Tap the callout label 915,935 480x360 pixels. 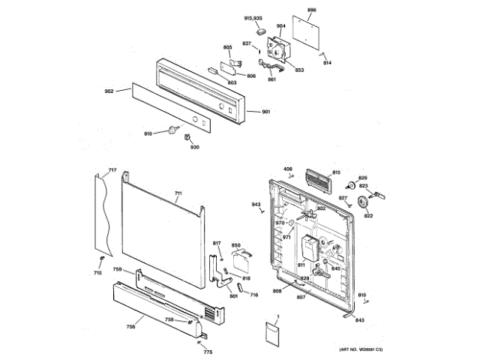click(x=253, y=17)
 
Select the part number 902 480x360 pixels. click(x=109, y=91)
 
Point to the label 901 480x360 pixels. click(x=265, y=112)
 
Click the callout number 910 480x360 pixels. click(x=148, y=133)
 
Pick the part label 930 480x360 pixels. click(x=195, y=147)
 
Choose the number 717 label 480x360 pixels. click(x=112, y=171)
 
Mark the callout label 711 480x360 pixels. click(x=178, y=193)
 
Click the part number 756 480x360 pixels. click(x=130, y=326)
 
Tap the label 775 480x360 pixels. click(x=208, y=352)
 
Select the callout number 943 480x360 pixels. click(x=256, y=204)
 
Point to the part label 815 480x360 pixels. click(x=337, y=172)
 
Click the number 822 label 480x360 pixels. click(x=368, y=216)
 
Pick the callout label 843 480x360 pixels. click(x=360, y=320)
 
